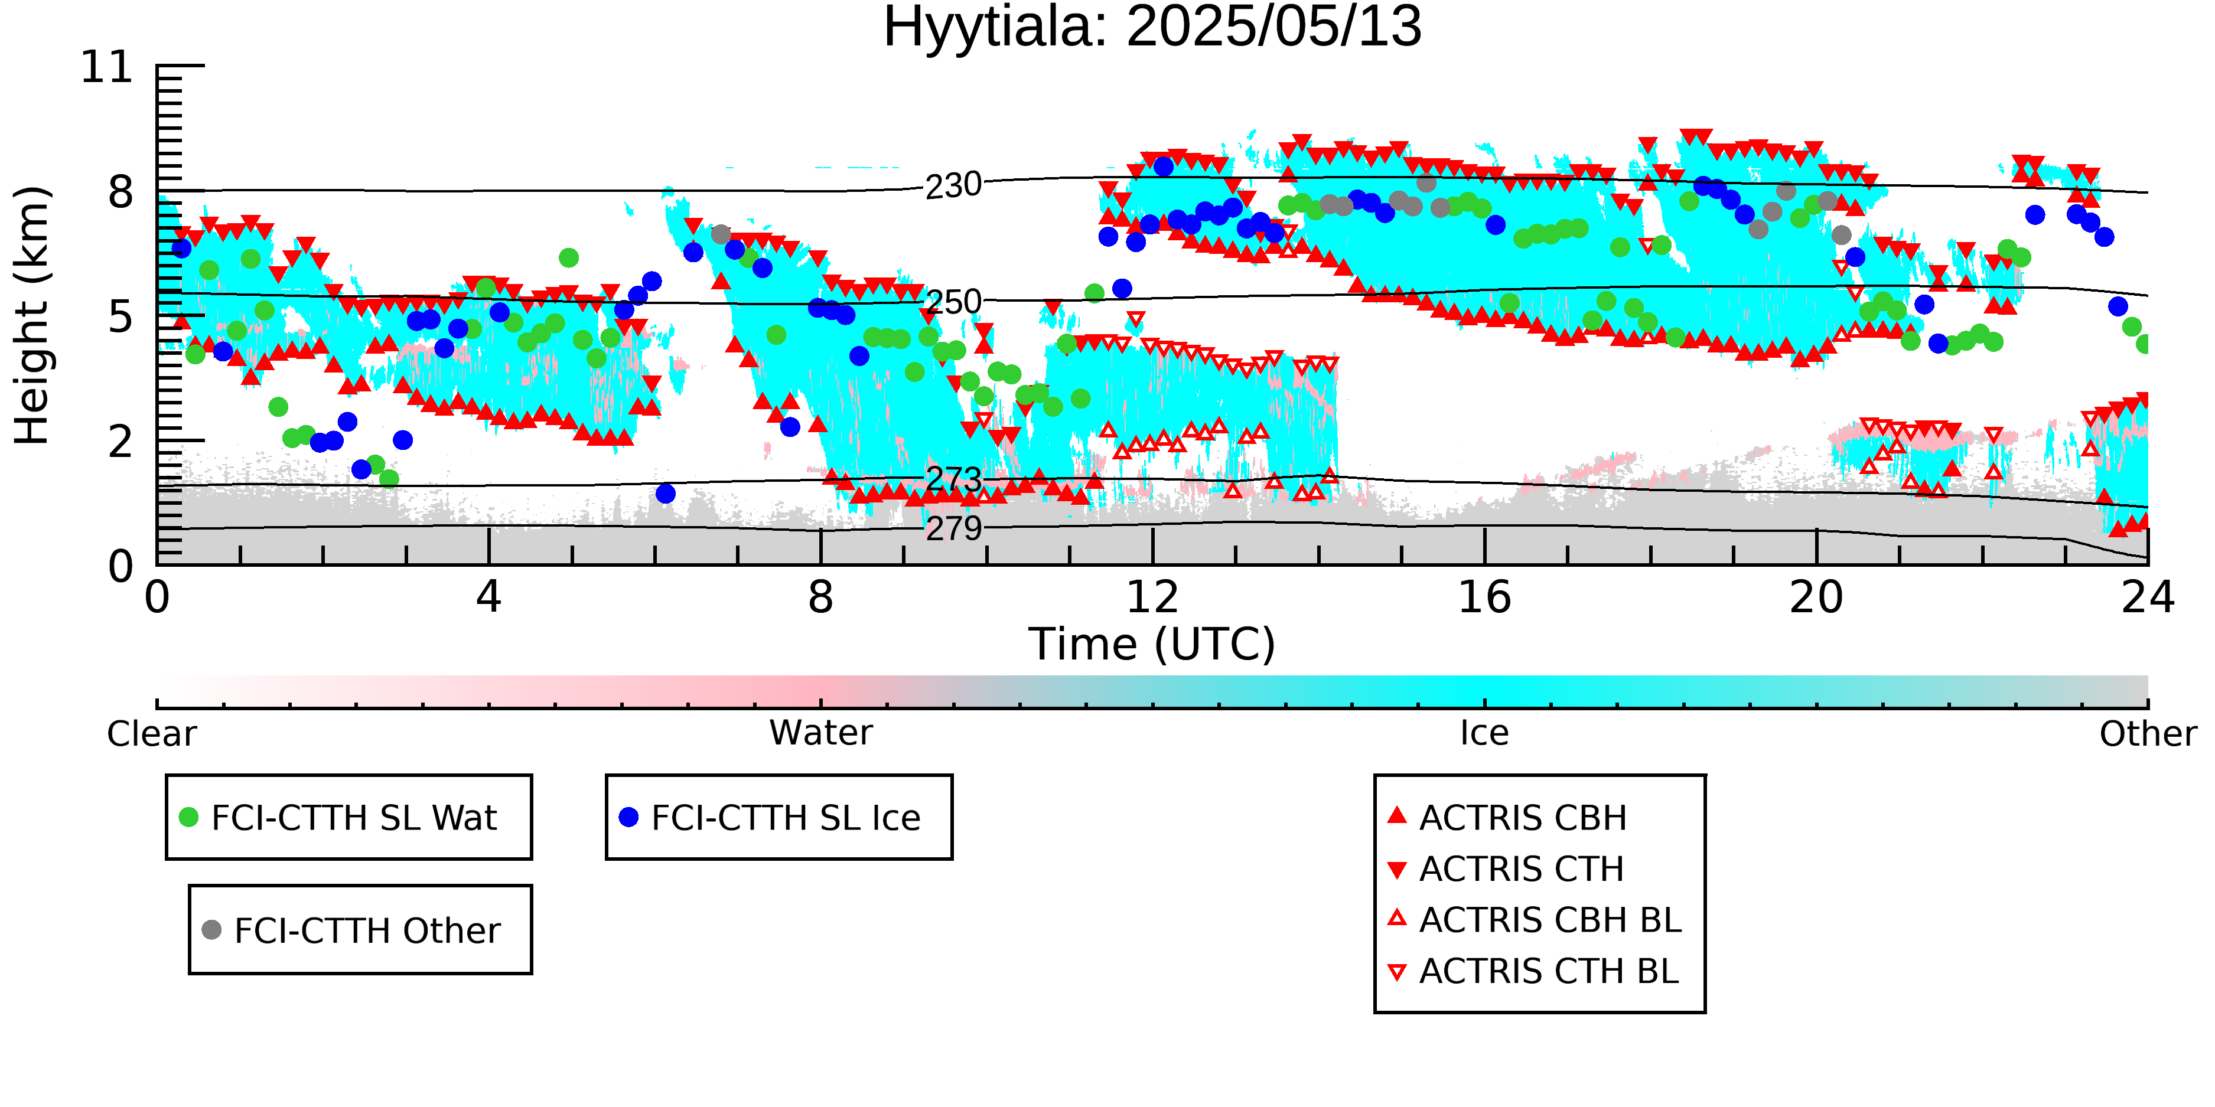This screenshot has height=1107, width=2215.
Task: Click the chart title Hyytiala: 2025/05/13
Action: tap(1152, 28)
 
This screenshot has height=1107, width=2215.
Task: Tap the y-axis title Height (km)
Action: tap(32, 315)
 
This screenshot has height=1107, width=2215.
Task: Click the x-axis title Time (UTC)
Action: tap(1152, 645)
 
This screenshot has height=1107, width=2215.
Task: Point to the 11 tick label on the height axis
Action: tap(107, 67)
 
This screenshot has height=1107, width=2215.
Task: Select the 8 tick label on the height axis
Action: tap(121, 192)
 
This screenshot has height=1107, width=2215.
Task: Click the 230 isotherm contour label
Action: tap(953, 185)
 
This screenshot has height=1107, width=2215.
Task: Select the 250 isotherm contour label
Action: tap(953, 302)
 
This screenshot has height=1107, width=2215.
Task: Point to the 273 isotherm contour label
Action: tap(953, 479)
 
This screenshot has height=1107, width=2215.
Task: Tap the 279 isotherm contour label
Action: tap(953, 528)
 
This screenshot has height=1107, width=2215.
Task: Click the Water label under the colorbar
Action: tap(821, 733)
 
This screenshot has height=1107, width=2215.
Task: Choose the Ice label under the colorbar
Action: tap(1484, 733)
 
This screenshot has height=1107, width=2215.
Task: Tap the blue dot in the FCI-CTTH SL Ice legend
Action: tap(628, 817)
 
